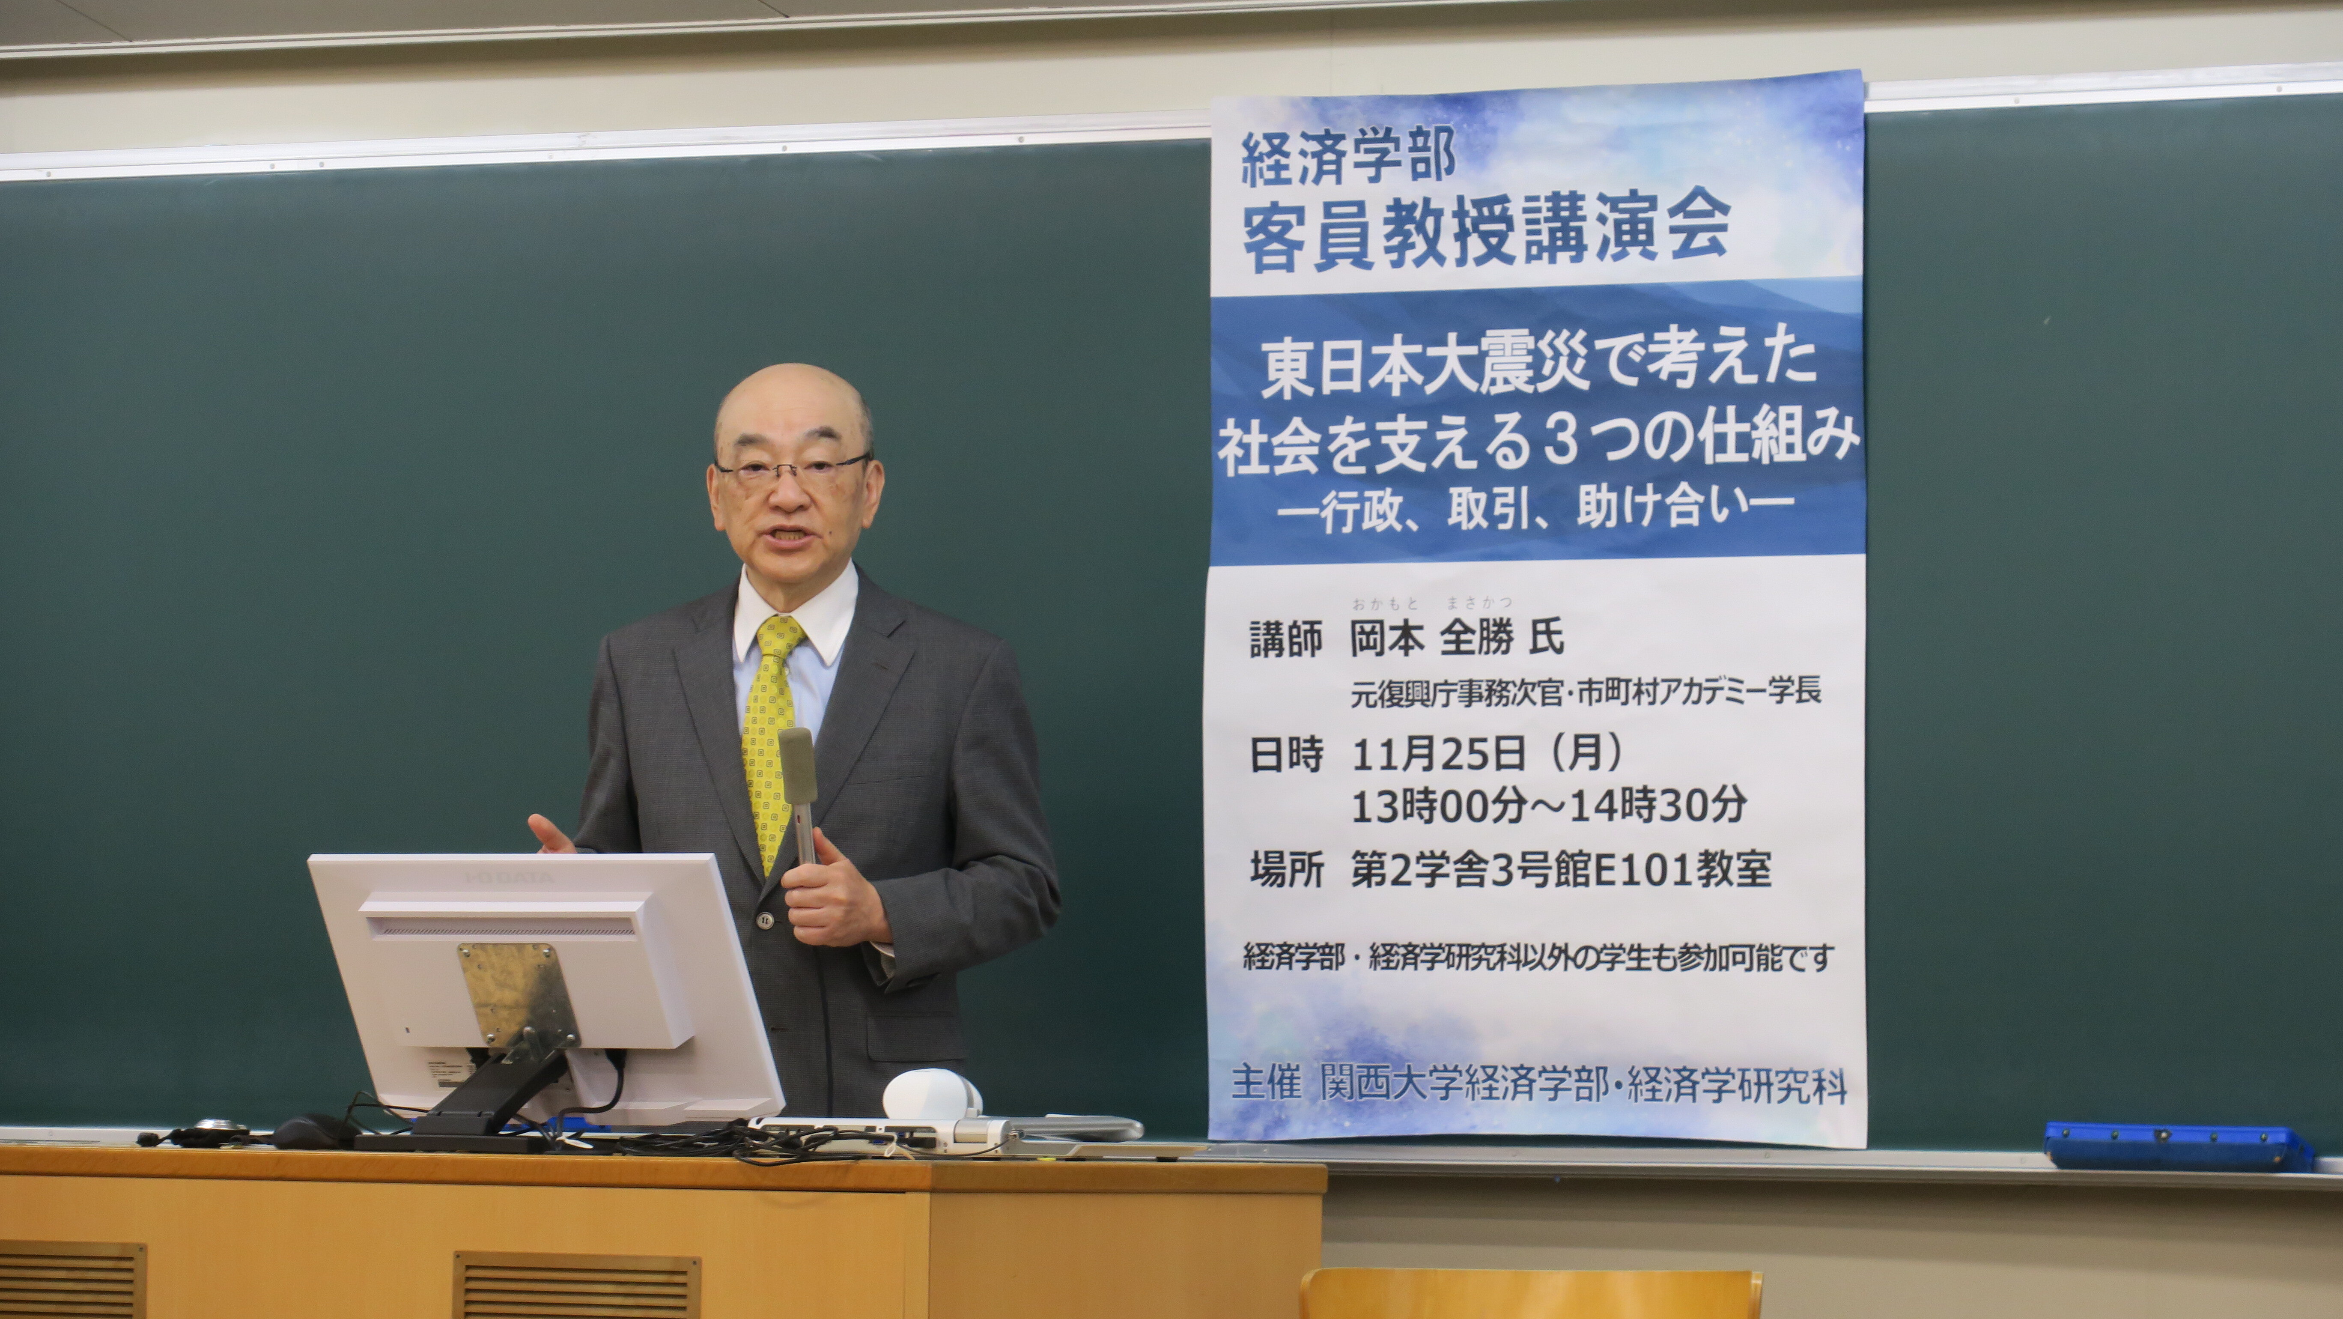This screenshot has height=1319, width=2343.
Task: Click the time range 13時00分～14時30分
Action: (1548, 805)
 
